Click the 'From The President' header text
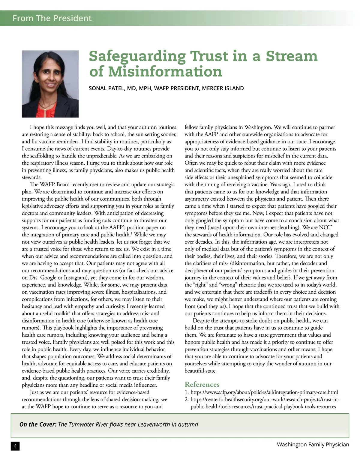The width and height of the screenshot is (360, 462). tap(52, 18)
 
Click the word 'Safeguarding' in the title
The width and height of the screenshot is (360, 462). tap(137, 56)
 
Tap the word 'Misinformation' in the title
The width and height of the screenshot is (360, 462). tap(165, 71)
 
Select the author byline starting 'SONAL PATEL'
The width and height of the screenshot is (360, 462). tap(166, 88)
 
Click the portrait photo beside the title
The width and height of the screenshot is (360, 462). tap(50, 84)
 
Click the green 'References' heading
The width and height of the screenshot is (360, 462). tap(202, 384)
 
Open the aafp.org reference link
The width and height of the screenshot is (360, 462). tap(264, 392)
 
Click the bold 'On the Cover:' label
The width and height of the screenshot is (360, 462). tap(38, 424)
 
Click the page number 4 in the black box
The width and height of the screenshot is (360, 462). tap(15, 446)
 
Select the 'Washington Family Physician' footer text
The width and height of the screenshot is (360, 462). tap(313, 444)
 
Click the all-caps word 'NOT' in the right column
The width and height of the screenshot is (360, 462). tap(325, 227)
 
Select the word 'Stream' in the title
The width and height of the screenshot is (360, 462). tap(291, 56)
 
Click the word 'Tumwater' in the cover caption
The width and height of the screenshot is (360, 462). tap(82, 424)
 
